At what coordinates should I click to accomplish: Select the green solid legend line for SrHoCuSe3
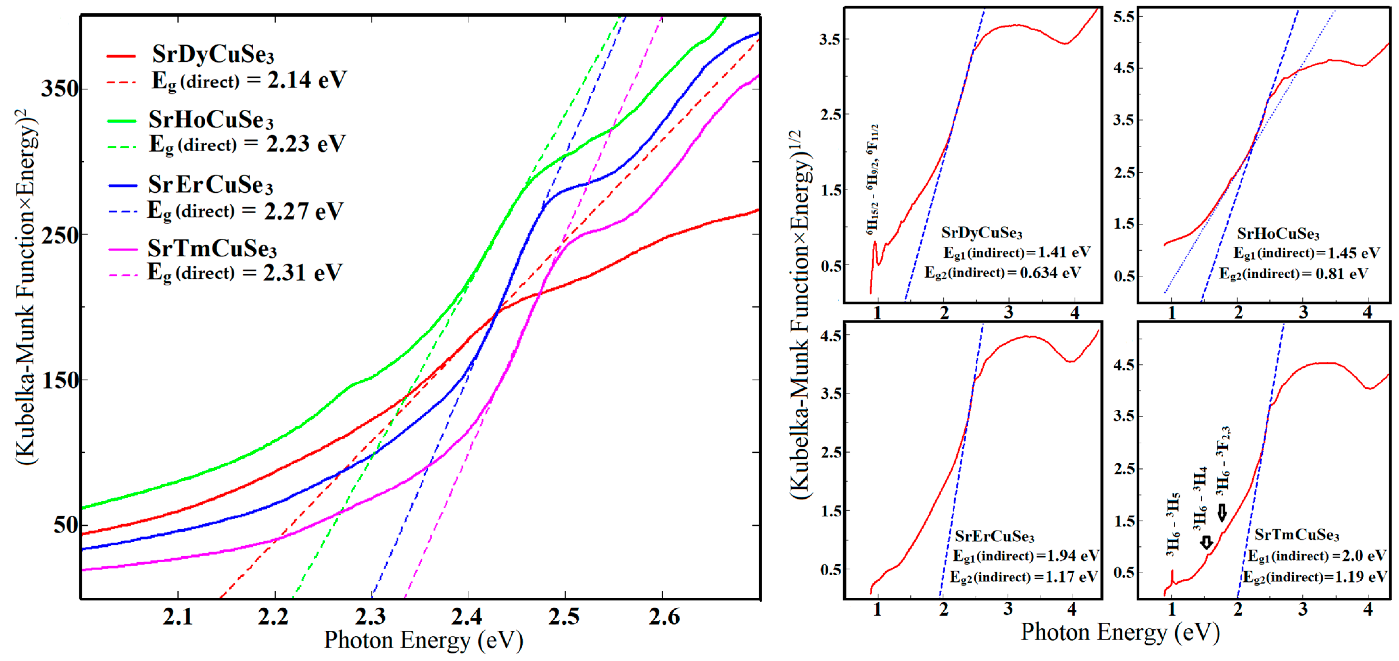click(x=122, y=121)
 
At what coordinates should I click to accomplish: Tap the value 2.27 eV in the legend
click(x=303, y=211)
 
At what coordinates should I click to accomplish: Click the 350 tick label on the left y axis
click(x=60, y=89)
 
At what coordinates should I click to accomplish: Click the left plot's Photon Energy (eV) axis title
click(x=423, y=640)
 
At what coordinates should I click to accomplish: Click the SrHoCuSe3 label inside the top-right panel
click(x=1278, y=234)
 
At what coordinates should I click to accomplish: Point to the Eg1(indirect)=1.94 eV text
click(x=1026, y=556)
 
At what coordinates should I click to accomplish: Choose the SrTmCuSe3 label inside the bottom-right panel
click(x=1296, y=535)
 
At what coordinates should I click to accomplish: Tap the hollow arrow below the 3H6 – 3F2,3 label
click(x=1222, y=513)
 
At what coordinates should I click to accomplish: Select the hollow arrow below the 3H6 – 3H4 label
click(x=1206, y=542)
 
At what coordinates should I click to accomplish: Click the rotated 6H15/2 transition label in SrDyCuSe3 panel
click(x=872, y=179)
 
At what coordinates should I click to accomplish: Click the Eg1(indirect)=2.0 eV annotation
click(x=1316, y=556)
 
